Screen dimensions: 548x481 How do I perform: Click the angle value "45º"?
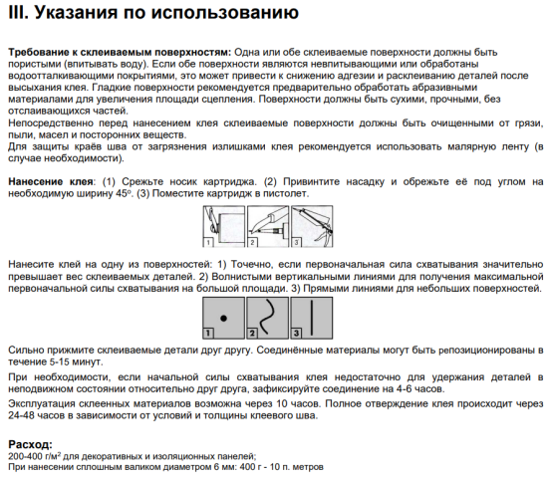tap(121, 194)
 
